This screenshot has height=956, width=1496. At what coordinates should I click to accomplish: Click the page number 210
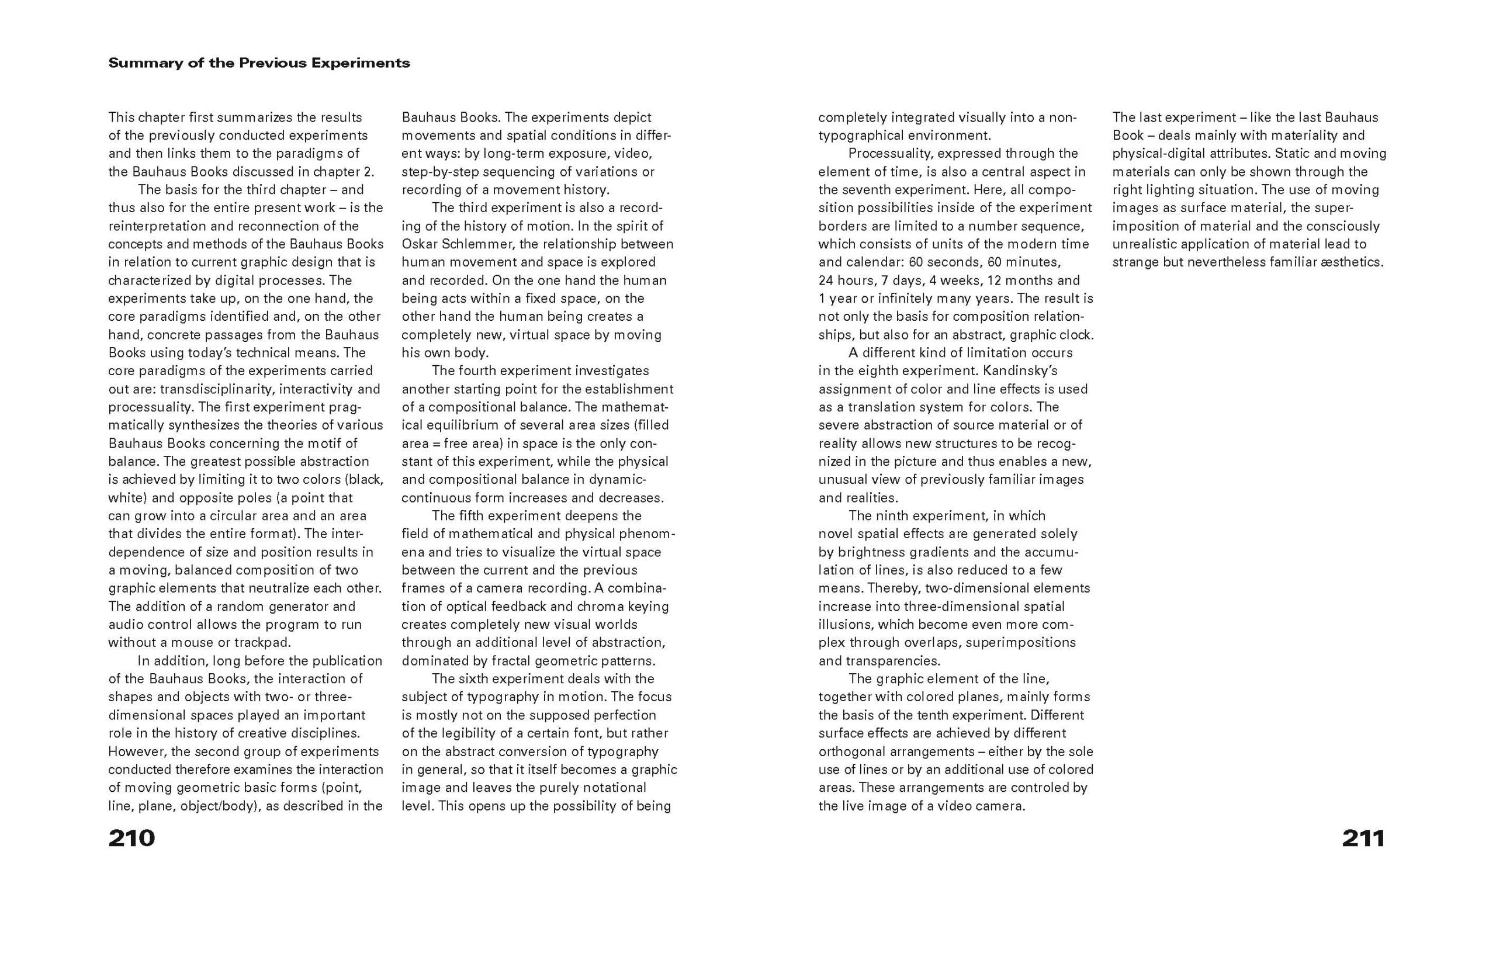click(131, 838)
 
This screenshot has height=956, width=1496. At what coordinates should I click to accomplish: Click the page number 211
click(1363, 838)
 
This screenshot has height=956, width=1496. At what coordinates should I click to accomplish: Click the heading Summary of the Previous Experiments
click(259, 63)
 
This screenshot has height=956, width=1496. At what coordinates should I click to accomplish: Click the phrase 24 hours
click(846, 280)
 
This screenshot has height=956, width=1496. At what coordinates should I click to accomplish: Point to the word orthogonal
click(852, 751)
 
